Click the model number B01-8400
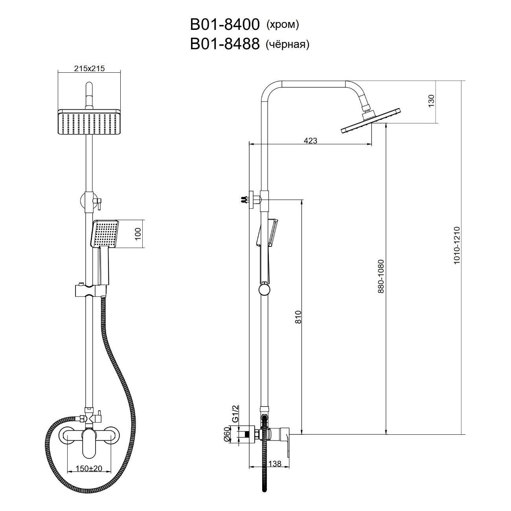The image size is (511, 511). click(x=224, y=25)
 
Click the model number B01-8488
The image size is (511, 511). click(x=224, y=44)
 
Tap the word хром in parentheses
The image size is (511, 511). click(x=282, y=25)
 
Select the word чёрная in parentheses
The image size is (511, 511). click(x=287, y=44)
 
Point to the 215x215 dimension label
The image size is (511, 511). click(x=89, y=68)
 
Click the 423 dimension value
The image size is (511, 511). click(x=310, y=140)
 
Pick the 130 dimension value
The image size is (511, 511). click(x=432, y=101)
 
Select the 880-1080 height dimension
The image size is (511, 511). click(x=381, y=276)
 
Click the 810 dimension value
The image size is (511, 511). click(x=298, y=317)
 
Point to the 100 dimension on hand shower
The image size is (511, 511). click(x=138, y=234)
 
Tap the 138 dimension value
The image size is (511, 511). click(x=275, y=463)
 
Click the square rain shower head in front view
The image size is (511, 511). click(x=89, y=123)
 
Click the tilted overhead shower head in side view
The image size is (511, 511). click(x=370, y=120)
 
